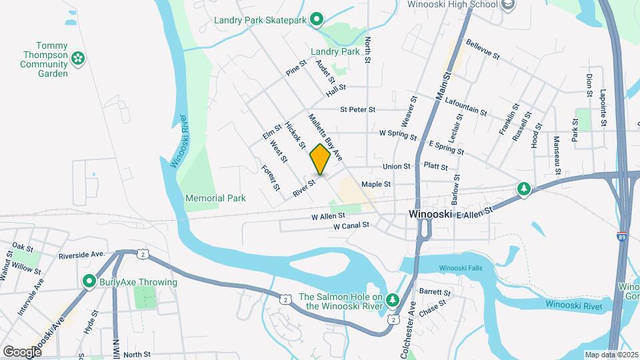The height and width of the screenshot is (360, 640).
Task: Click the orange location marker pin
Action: click(321, 159)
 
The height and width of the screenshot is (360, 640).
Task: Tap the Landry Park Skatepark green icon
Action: click(317, 19)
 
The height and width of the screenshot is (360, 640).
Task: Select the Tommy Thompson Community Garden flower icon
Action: click(79, 59)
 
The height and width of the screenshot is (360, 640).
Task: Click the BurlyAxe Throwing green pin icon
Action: click(89, 282)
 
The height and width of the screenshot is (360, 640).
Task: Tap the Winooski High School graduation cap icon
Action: click(508, 5)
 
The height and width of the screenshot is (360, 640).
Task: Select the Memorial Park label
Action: click(215, 198)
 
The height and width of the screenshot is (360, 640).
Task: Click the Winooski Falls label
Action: click(459, 268)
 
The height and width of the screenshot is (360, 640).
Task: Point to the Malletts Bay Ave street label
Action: click(325, 137)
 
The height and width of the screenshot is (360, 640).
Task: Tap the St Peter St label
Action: click(358, 109)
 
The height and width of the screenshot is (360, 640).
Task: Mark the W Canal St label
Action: click(351, 225)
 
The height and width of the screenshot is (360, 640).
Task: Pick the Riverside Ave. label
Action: click(82, 255)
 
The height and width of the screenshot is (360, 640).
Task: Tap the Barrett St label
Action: click(435, 292)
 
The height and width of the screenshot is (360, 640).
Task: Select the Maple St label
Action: click(376, 184)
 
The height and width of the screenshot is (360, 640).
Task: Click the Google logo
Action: click(21, 351)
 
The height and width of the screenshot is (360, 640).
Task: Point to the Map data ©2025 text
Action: click(611, 354)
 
